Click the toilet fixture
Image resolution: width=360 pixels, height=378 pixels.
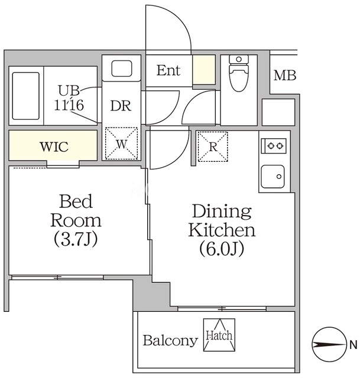(x=239, y=73)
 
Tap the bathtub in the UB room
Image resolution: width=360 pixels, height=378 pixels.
(x=26, y=96)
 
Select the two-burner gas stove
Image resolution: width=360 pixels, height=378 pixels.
(x=274, y=146)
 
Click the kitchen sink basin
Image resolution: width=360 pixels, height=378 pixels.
(x=273, y=177)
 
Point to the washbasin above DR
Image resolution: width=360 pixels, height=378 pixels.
(x=122, y=69)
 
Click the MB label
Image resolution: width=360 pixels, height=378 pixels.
(x=285, y=76)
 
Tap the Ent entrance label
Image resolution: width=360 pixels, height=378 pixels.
(x=168, y=71)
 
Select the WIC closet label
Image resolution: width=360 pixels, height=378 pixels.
(x=54, y=146)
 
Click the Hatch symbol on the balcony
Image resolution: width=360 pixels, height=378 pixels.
(x=219, y=335)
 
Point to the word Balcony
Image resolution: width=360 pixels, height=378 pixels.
(x=170, y=341)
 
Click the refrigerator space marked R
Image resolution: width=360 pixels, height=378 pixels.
(x=213, y=146)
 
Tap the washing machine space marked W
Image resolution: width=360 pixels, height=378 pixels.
(x=121, y=144)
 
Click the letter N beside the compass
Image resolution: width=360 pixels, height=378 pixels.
(x=353, y=345)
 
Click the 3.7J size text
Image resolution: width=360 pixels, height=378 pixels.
(x=76, y=239)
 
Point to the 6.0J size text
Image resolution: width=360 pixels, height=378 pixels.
(x=222, y=249)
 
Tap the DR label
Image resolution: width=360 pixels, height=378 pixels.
(x=121, y=106)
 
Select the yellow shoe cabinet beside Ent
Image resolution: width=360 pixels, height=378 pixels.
(x=204, y=70)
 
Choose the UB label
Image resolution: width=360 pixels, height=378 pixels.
(x=69, y=90)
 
